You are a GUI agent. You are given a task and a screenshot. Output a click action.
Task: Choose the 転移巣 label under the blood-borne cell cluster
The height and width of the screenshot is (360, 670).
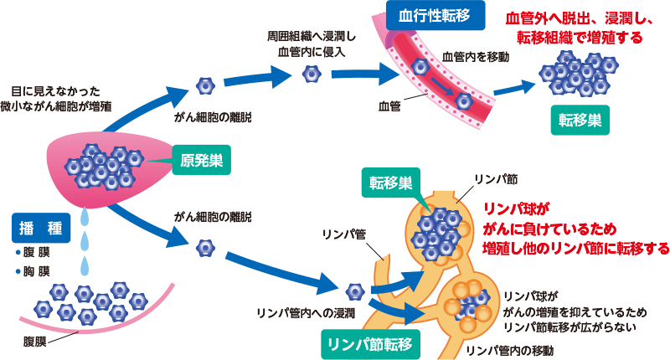click(580, 119)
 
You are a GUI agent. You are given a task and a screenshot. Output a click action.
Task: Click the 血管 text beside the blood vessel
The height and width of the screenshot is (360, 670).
click(389, 106)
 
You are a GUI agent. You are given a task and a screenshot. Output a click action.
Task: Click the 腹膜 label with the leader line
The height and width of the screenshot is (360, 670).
click(36, 341)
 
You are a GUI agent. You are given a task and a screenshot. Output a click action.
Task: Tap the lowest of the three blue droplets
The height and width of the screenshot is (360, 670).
click(84, 266)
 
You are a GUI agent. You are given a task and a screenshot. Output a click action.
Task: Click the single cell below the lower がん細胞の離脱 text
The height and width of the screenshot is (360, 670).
click(205, 248)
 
